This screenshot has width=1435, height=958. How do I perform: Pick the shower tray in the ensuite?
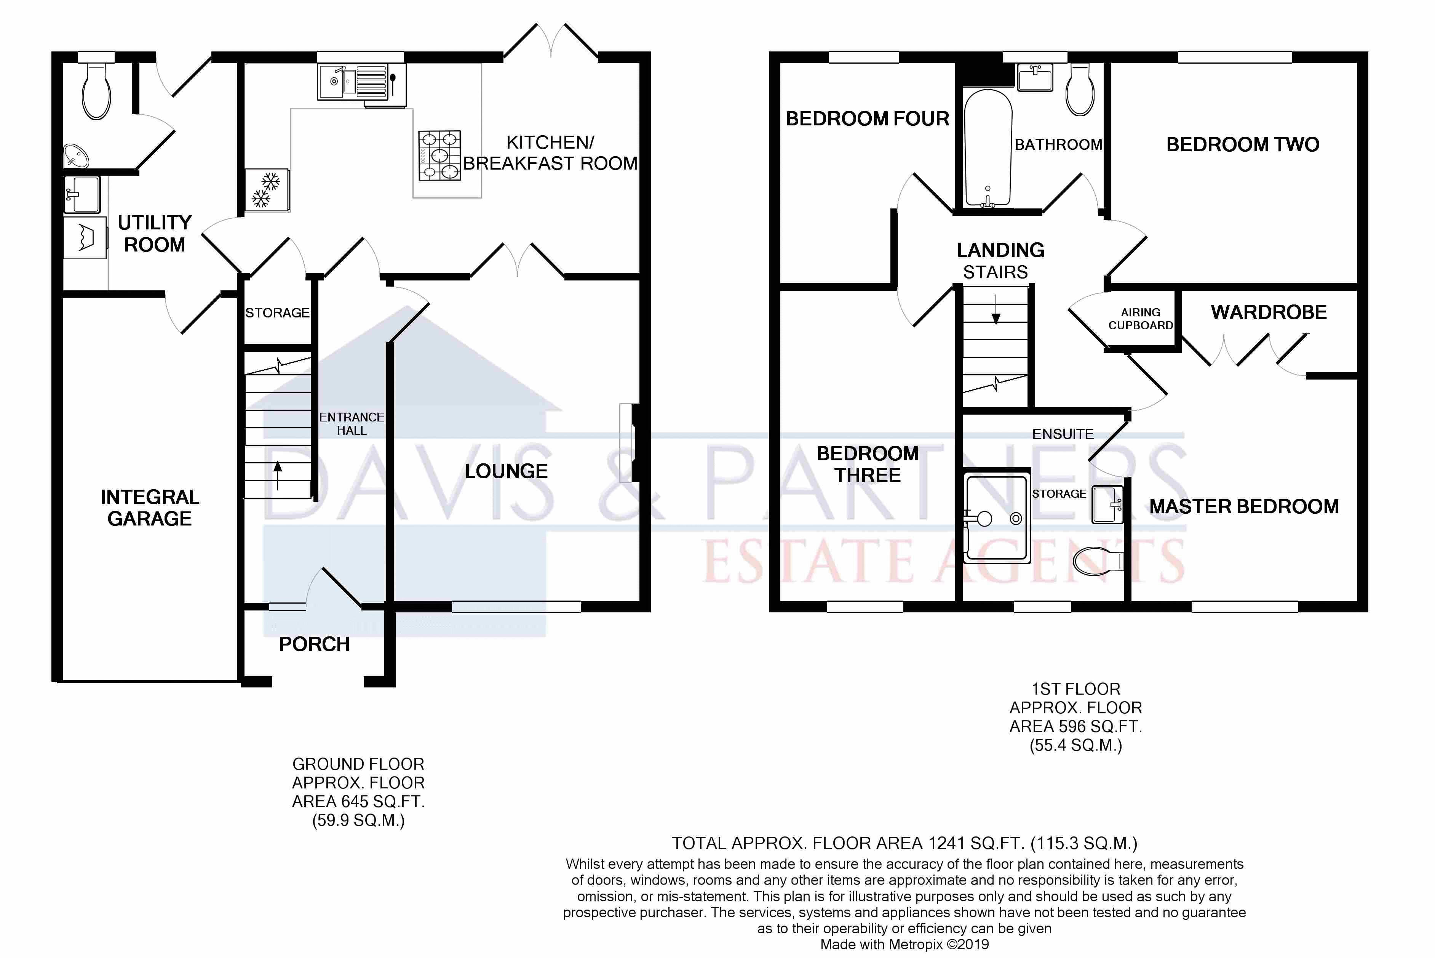tap(996, 516)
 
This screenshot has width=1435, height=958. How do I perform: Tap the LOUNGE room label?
tap(506, 471)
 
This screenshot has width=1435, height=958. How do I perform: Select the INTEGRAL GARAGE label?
tap(150, 508)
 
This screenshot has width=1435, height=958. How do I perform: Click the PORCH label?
tap(315, 644)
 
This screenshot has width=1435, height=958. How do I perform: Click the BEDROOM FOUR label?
tap(867, 119)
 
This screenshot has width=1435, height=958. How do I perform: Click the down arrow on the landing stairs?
tap(996, 309)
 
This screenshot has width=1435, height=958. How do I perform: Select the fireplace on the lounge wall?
tap(628, 443)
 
